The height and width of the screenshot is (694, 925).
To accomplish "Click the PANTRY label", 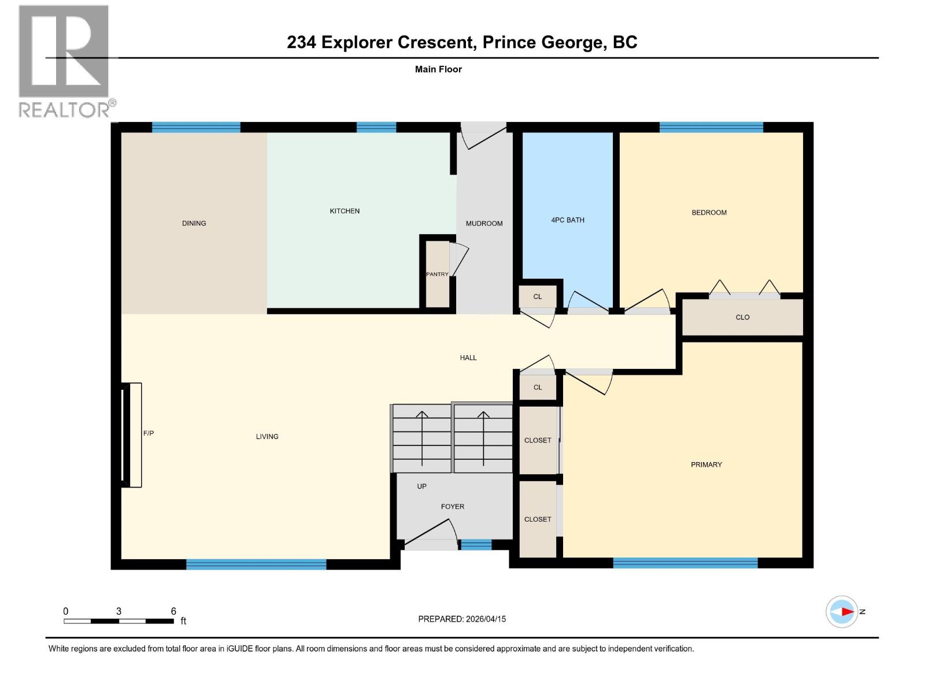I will pyautogui.click(x=437, y=274).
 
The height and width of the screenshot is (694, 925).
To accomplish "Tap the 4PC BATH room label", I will pyautogui.click(x=567, y=220).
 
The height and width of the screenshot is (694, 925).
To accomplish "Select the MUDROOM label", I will pyautogui.click(x=484, y=223).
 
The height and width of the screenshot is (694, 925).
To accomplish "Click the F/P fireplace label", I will pyautogui.click(x=149, y=433).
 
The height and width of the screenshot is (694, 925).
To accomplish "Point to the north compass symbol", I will pyautogui.click(x=842, y=611).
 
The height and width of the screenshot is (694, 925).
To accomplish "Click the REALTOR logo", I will pyautogui.click(x=65, y=61).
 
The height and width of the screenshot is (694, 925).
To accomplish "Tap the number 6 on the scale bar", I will pyautogui.click(x=173, y=611).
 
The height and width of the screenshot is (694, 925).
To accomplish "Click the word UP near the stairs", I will pyautogui.click(x=422, y=486).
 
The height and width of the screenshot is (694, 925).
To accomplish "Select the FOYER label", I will pyautogui.click(x=452, y=507).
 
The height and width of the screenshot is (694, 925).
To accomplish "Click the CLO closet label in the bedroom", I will pyautogui.click(x=742, y=317).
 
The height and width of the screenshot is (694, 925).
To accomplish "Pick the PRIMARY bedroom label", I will pyautogui.click(x=706, y=464).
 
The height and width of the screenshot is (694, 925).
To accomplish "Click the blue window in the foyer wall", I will pyautogui.click(x=475, y=544).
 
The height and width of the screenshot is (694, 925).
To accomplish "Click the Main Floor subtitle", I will pyautogui.click(x=438, y=69).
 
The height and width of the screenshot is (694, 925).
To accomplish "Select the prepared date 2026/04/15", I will pyautogui.click(x=484, y=619).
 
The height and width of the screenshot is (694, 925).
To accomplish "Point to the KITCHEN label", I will pyautogui.click(x=345, y=211).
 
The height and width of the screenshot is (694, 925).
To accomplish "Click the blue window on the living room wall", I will pyautogui.click(x=256, y=564).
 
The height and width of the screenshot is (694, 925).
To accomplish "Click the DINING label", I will pyautogui.click(x=194, y=223).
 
